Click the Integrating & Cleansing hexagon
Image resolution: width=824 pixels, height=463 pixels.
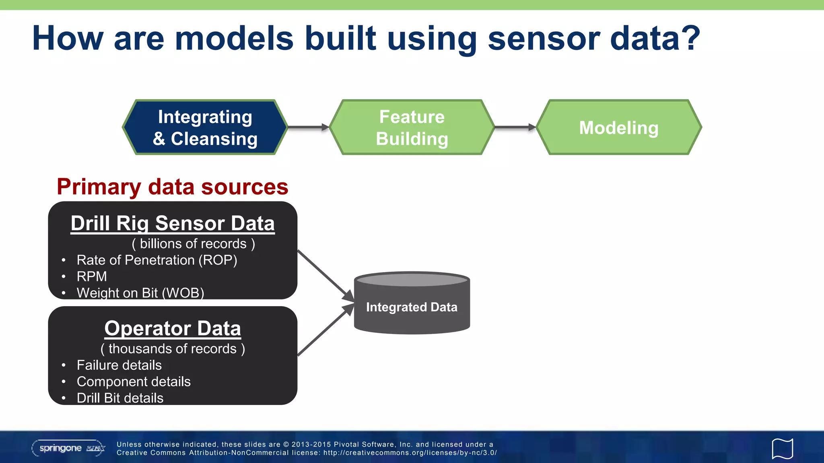[205, 127]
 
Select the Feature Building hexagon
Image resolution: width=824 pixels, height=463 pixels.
[412, 127]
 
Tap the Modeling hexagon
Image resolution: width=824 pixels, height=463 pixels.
[619, 127]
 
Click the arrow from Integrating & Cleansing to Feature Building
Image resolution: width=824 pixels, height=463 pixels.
[308, 127]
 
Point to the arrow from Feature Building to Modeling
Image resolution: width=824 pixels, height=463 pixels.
[515, 127]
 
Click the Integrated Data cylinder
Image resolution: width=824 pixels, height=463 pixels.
[412, 307]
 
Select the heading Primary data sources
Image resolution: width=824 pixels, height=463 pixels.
[172, 187]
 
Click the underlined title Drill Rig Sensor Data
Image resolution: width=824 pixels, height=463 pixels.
[173, 223]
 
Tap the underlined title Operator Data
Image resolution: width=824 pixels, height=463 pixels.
[173, 328]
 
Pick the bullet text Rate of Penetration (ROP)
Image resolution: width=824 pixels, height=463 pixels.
[157, 260]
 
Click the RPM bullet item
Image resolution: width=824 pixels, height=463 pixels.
[92, 277]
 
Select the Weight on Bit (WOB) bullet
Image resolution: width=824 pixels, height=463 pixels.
[140, 293]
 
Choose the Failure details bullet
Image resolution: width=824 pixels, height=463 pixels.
[119, 365]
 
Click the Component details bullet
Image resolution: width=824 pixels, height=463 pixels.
[134, 381]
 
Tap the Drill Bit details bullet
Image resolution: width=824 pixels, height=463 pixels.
[120, 398]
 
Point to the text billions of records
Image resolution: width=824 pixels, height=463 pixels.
[193, 244]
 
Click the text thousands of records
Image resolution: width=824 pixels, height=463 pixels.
[173, 348]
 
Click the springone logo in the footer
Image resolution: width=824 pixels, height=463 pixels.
[68, 448]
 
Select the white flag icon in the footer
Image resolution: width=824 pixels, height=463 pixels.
[782, 449]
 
